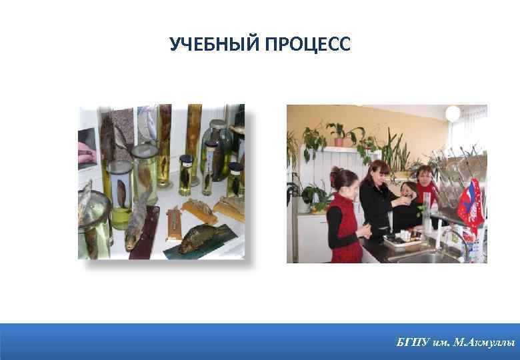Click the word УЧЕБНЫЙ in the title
(215, 45)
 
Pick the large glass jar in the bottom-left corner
(93, 223)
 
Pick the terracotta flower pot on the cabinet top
(339, 141)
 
